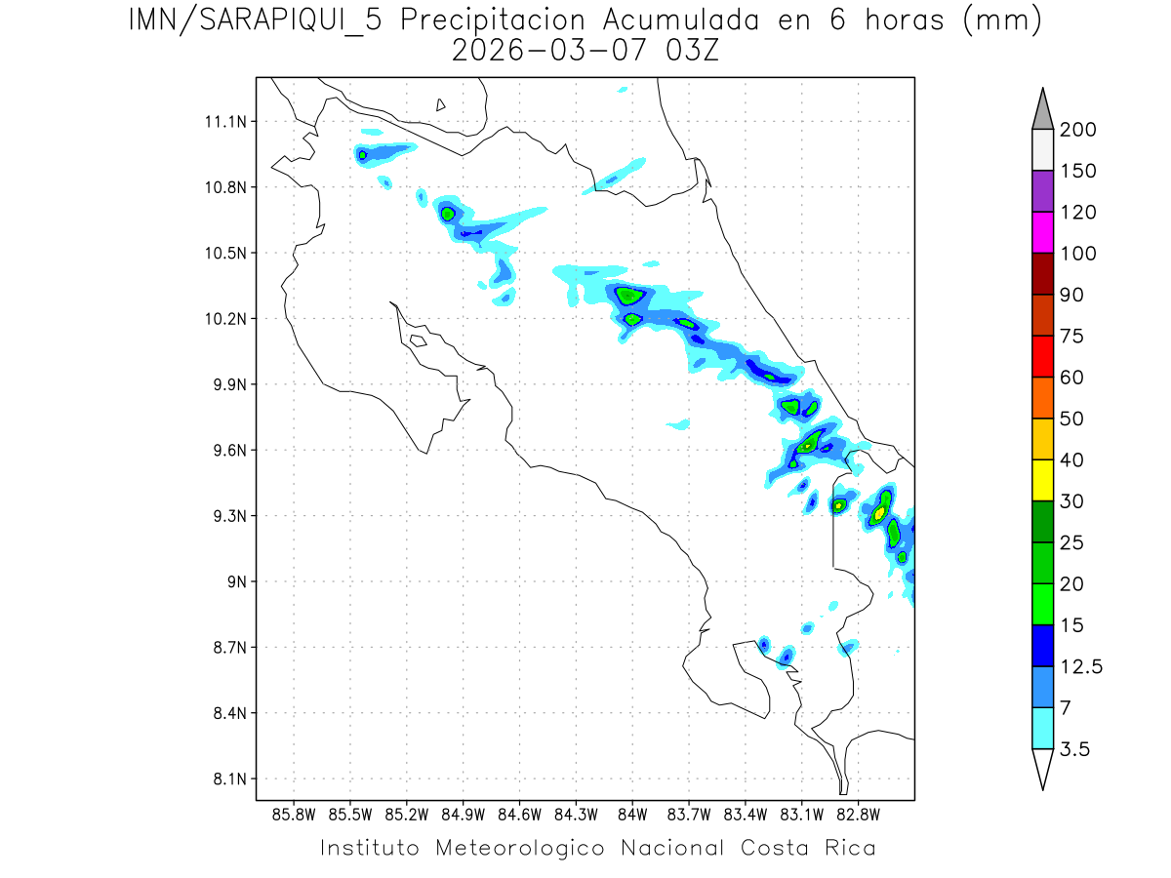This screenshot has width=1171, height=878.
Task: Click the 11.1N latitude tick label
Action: [x=223, y=122]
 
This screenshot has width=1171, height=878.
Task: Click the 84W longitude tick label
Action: [x=632, y=814]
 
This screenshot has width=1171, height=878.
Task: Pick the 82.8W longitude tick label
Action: [x=858, y=814]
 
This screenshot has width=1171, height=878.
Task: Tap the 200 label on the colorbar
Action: [x=1077, y=130]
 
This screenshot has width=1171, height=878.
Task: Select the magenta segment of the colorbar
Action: [x=1042, y=232]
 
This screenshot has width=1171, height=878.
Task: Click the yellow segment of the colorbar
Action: [x=1042, y=480]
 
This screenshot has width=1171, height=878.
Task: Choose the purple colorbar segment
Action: [x=1042, y=191]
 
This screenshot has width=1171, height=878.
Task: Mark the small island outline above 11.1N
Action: [x=441, y=104]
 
